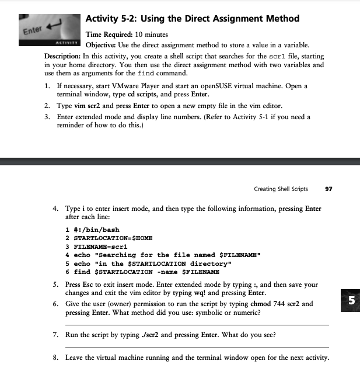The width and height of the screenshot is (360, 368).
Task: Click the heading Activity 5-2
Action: [192, 19]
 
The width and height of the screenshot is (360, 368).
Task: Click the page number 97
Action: [328, 189]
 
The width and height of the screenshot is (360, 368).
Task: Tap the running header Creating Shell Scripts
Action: [281, 189]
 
